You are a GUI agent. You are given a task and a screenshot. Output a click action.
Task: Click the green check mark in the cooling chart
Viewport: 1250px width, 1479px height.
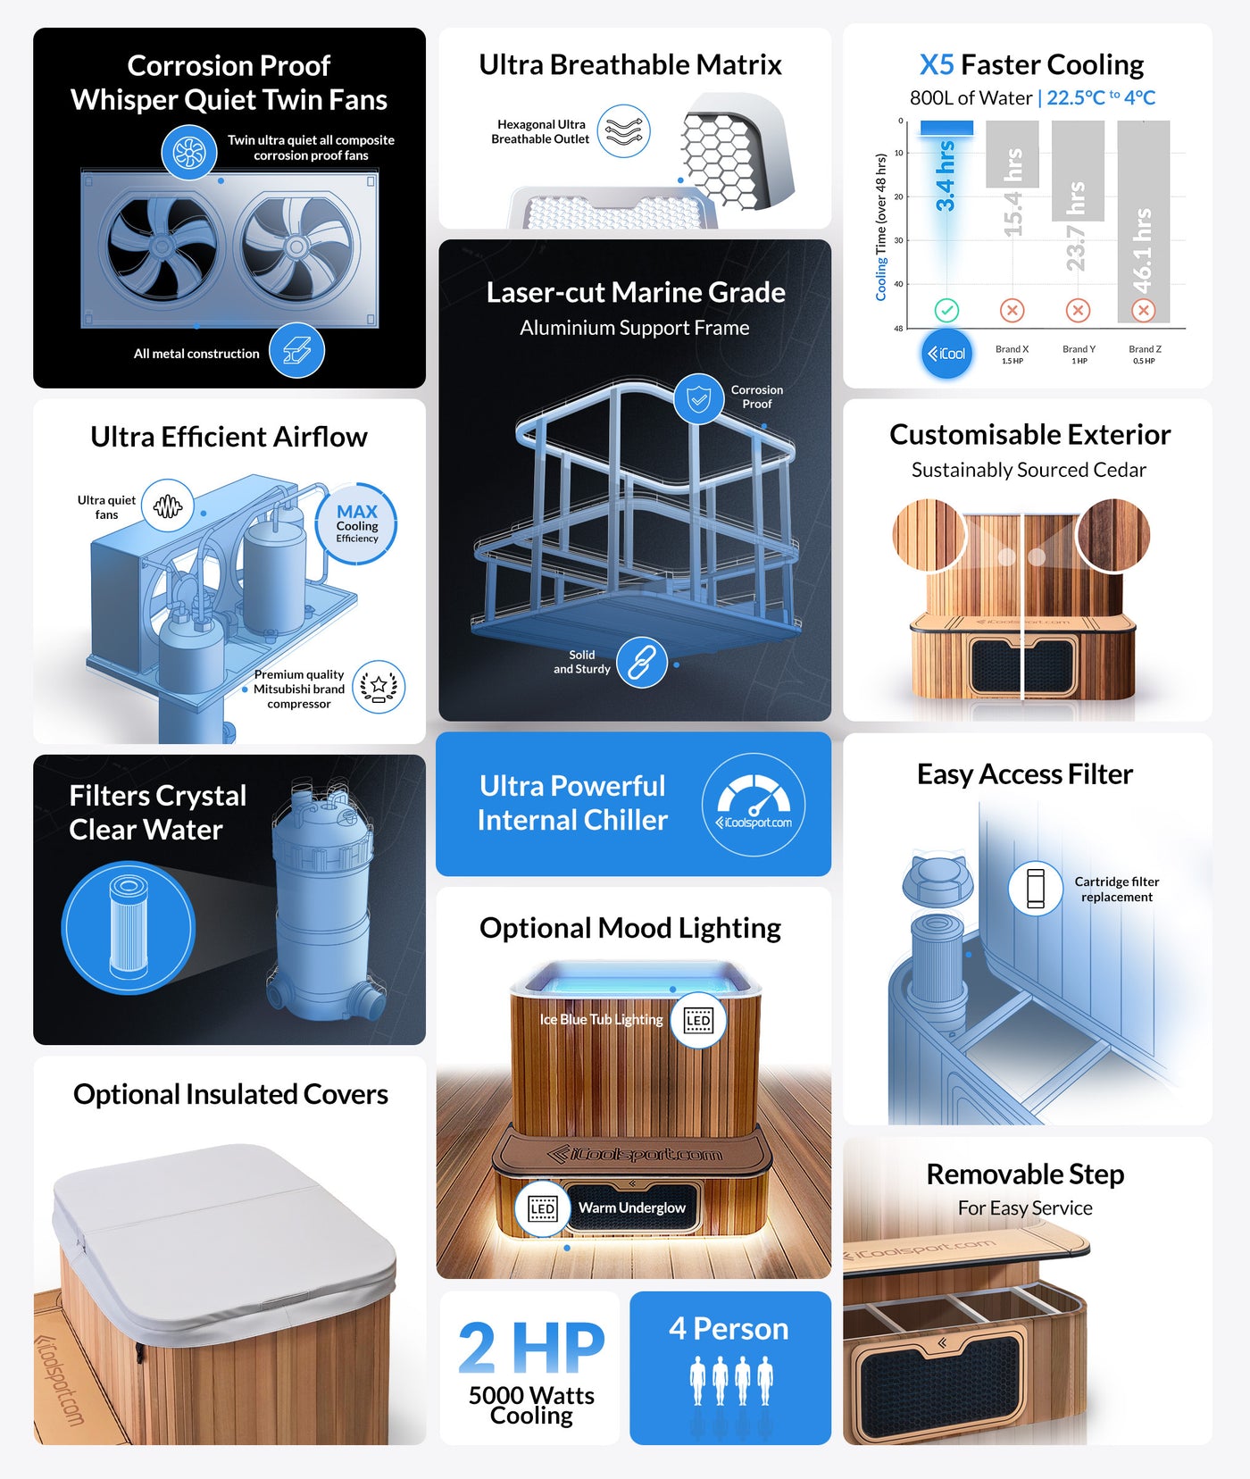(946, 310)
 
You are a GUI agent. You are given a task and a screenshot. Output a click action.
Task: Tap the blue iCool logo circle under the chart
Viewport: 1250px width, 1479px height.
(946, 354)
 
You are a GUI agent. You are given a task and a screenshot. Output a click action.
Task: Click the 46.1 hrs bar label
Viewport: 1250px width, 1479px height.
(1143, 251)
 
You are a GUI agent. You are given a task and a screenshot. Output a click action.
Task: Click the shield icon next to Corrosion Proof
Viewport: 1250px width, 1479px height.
(699, 398)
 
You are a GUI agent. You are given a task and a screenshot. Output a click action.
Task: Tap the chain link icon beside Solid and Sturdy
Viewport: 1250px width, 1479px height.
(642, 663)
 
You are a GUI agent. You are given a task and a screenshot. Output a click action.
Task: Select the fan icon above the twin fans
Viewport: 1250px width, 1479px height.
(189, 152)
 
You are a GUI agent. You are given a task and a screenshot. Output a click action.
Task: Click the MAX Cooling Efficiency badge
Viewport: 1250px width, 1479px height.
(356, 524)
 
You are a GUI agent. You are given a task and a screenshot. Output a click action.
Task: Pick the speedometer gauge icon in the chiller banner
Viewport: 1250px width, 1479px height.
(754, 805)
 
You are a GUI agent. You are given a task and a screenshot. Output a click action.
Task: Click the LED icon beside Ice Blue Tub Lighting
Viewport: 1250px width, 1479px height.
(699, 1020)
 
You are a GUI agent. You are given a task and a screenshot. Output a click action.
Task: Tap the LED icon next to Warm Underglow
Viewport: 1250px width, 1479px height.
(543, 1209)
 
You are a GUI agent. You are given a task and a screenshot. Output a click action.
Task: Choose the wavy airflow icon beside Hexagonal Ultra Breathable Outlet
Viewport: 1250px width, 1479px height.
(623, 131)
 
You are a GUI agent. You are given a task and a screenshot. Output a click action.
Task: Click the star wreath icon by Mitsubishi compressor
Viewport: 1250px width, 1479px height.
(379, 687)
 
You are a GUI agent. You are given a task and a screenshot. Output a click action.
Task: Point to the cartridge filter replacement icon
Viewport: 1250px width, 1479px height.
(1036, 888)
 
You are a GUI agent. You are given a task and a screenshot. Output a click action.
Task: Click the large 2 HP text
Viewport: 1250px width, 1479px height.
(532, 1348)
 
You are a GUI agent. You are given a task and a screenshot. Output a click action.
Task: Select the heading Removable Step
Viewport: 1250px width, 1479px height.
(1025, 1174)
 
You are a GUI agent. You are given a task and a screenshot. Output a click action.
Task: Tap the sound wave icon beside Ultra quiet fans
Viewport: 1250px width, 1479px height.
(168, 506)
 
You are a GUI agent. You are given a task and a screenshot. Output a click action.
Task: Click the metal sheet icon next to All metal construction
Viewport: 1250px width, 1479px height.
(297, 350)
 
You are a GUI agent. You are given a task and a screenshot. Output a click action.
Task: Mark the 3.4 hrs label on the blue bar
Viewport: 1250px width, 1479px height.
(946, 176)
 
